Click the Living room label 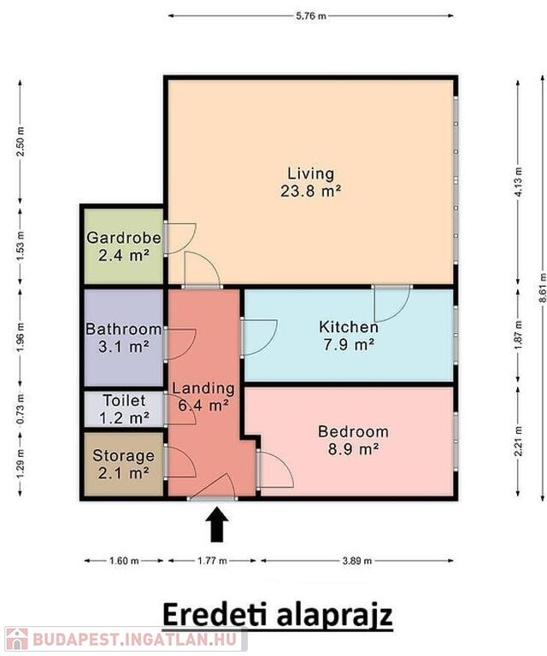[x=310, y=173]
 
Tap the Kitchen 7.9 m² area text [x=349, y=345]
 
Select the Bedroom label [x=353, y=431]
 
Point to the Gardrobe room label [x=123, y=237]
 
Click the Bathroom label [x=123, y=329]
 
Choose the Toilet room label [x=124, y=401]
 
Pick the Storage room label [x=123, y=455]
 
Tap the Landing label [x=203, y=389]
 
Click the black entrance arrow [x=217, y=524]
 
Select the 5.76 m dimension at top [x=310, y=16]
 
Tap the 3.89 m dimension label [x=357, y=560]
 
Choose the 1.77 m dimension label [x=212, y=560]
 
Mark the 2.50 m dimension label [x=21, y=141]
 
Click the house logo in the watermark [x=16, y=640]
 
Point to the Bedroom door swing [x=275, y=469]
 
